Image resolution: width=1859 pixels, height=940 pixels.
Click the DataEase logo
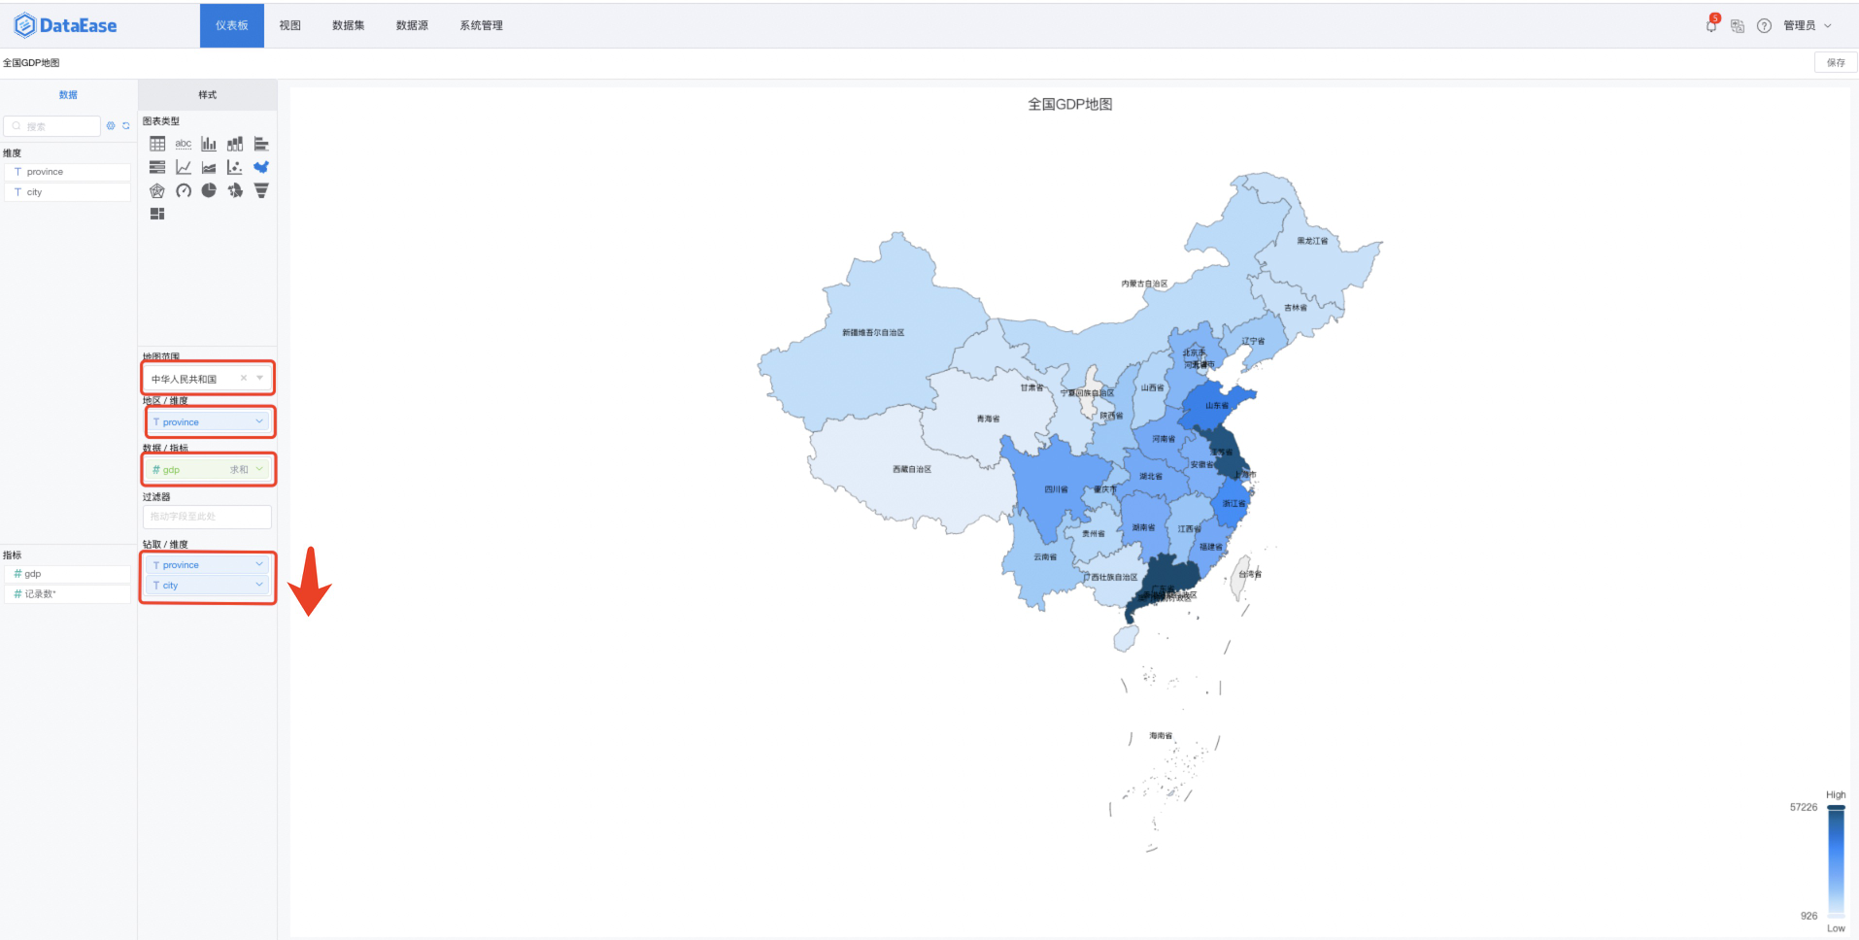[65, 26]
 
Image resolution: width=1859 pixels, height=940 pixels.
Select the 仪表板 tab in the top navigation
[232, 26]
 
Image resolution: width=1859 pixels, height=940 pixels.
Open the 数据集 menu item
[348, 26]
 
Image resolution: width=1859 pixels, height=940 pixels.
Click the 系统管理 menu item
[481, 26]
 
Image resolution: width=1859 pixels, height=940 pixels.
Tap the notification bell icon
[1710, 26]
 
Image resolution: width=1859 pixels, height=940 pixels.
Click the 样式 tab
[207, 95]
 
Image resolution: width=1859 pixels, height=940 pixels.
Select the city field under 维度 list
[68, 192]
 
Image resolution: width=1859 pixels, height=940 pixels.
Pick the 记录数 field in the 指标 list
[68, 593]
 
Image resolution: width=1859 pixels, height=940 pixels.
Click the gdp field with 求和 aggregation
[207, 470]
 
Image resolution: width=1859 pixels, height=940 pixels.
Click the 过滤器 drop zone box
[207, 517]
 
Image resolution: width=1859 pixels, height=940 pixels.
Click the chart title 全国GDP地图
[1069, 104]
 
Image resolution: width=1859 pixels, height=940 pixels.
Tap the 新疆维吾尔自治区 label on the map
[873, 333]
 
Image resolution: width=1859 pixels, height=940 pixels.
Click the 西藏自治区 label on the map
[911, 469]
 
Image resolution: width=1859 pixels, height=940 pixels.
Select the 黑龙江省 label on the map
[1312, 241]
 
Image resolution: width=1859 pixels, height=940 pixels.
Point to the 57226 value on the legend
[1803, 807]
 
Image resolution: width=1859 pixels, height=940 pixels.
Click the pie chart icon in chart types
[209, 190]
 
